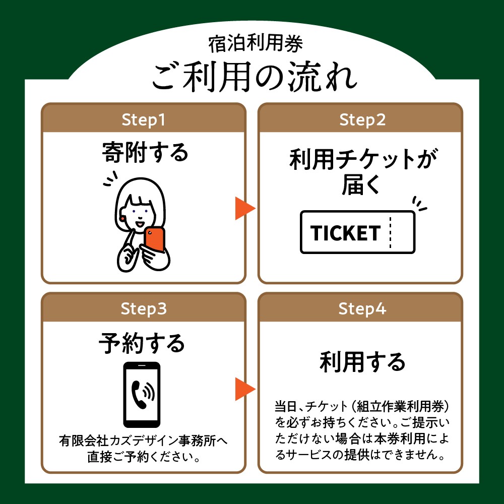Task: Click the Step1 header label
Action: click(143, 119)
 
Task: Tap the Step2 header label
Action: click(362, 119)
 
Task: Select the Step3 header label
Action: click(144, 308)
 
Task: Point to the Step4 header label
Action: click(362, 308)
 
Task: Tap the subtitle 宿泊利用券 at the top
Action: click(256, 44)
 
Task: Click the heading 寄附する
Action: click(145, 152)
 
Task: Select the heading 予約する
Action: click(142, 343)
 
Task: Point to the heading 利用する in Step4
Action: click(362, 362)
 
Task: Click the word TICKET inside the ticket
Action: click(345, 233)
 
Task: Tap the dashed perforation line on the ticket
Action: click(390, 232)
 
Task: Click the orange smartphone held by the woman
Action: click(155, 239)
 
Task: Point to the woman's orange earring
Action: click(122, 218)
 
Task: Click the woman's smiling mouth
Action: click(140, 223)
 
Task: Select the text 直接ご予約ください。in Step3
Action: click(144, 457)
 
